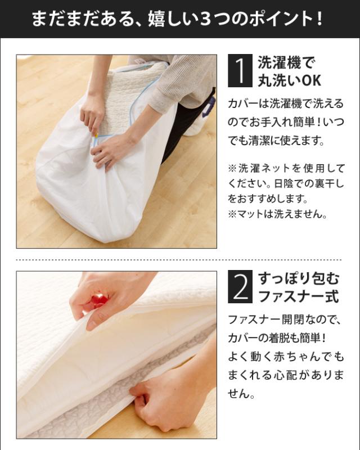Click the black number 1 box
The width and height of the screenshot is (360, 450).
click(x=240, y=71)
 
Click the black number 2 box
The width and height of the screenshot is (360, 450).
click(x=240, y=286)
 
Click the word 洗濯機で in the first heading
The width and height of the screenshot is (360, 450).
click(x=286, y=62)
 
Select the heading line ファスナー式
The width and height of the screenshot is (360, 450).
click(x=299, y=296)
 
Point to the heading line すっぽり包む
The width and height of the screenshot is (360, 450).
click(x=299, y=278)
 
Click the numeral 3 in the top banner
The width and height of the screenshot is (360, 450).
click(x=205, y=19)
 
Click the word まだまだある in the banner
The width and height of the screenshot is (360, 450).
click(x=82, y=19)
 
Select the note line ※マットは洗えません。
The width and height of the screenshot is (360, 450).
click(x=277, y=214)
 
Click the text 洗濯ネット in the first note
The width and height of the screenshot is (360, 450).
click(x=260, y=168)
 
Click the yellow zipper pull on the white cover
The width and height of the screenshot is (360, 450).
click(x=97, y=134)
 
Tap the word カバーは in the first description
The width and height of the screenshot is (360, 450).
click(x=247, y=103)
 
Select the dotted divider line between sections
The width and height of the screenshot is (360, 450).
click(x=179, y=260)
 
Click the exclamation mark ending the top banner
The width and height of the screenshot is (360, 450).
click(x=320, y=19)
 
